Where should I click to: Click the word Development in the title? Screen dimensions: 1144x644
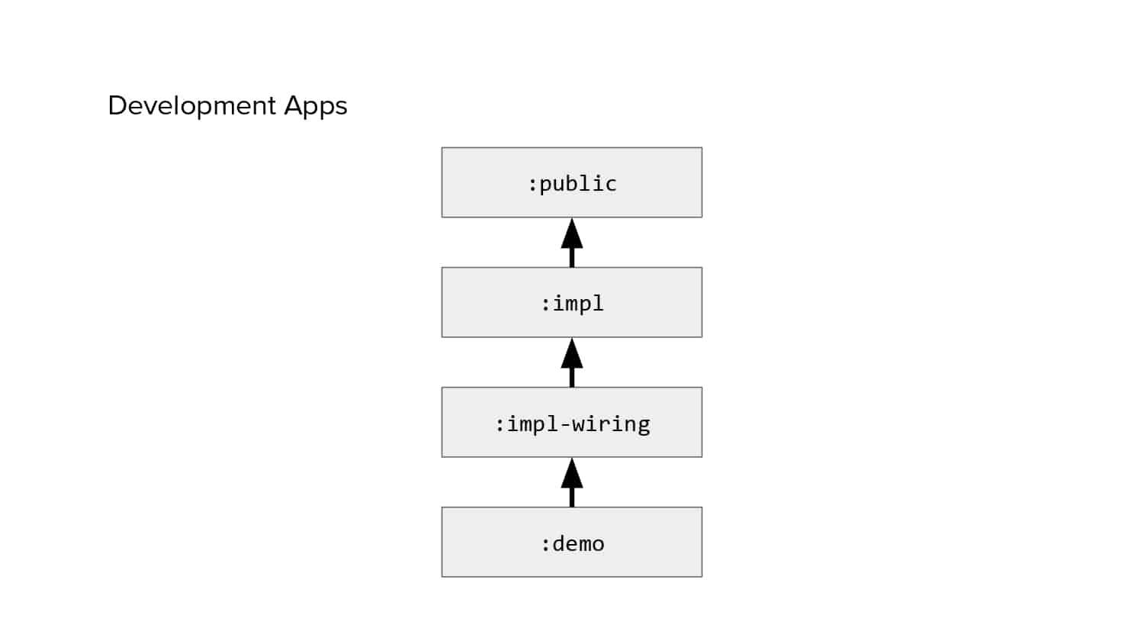pos(192,106)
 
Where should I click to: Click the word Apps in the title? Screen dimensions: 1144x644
pos(316,106)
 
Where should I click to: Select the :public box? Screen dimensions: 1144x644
pos(571,182)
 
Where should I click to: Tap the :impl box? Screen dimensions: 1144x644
pos(571,302)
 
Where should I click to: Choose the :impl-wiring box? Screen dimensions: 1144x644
pos(571,422)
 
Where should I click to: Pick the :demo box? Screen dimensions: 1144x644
pos(571,543)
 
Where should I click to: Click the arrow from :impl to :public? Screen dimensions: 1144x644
pos(572,243)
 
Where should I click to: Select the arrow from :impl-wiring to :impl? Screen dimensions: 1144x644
pos(572,363)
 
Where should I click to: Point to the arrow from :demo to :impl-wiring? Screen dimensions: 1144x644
pos(572,482)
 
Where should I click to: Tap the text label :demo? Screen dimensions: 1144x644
pos(573,543)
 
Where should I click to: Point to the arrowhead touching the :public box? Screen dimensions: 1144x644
pos(572,233)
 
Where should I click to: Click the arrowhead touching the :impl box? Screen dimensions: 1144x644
pos(572,353)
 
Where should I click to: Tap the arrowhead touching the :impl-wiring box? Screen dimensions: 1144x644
pos(572,473)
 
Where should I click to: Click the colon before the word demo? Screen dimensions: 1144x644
pos(545,546)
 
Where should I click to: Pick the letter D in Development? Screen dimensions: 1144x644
pos(117,105)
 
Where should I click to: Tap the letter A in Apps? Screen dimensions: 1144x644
pos(293,105)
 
